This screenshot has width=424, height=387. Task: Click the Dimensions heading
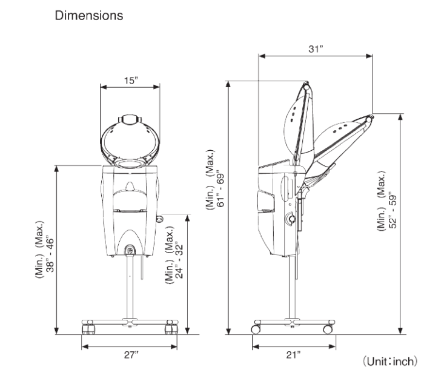[89, 15]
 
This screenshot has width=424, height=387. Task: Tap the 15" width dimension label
[131, 81]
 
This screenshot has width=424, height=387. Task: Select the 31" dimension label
[316, 49]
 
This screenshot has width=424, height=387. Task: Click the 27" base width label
[131, 354]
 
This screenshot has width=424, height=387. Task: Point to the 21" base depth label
[293, 354]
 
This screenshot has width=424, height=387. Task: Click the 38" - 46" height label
[50, 254]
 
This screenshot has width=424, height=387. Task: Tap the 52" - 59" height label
[393, 210]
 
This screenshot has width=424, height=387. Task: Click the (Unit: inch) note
[390, 362]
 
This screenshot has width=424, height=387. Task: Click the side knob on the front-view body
[160, 219]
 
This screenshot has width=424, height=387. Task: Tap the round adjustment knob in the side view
[291, 219]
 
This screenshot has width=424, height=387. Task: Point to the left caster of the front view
[88, 329]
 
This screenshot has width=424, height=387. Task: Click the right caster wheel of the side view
[328, 329]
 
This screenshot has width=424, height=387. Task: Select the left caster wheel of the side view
[256, 329]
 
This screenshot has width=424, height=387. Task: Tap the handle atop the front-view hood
[130, 119]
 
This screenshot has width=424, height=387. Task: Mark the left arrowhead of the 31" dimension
[262, 56]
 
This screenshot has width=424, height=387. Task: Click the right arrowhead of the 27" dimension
[174, 346]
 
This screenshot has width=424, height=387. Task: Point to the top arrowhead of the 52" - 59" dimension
[400, 117]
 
